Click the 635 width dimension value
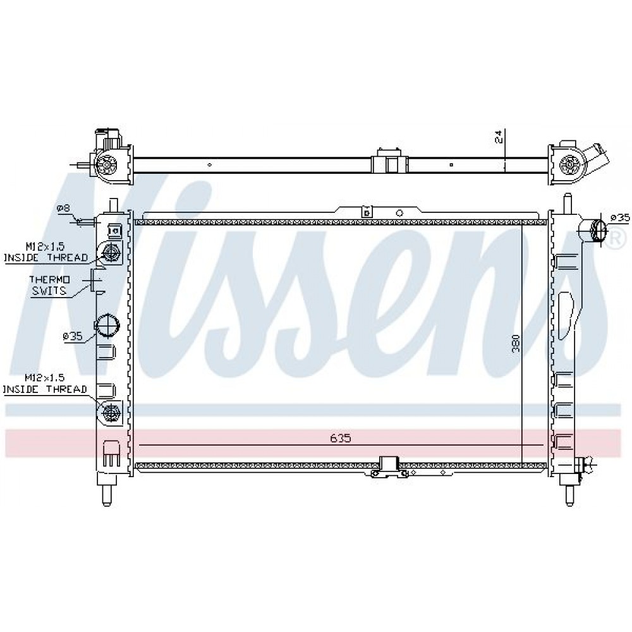tap(341, 438)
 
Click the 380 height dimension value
tap(516, 343)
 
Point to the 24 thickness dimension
tap(499, 137)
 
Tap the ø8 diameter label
tap(64, 209)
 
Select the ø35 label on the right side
tap(619, 217)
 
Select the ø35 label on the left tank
tap(73, 336)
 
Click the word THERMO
tap(49, 279)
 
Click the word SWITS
tap(49, 290)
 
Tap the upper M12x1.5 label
tap(45, 246)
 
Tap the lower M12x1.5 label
tap(45, 378)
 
